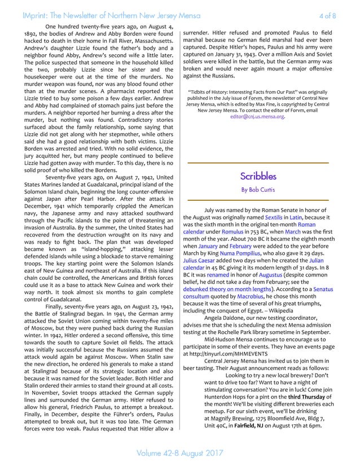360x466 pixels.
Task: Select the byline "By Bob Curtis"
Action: click(x=258, y=190)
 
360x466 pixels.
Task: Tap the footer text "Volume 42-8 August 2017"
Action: click(x=180, y=452)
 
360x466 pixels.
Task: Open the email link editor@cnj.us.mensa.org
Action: click(x=257, y=117)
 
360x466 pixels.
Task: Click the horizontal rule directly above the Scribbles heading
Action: click(x=258, y=163)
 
